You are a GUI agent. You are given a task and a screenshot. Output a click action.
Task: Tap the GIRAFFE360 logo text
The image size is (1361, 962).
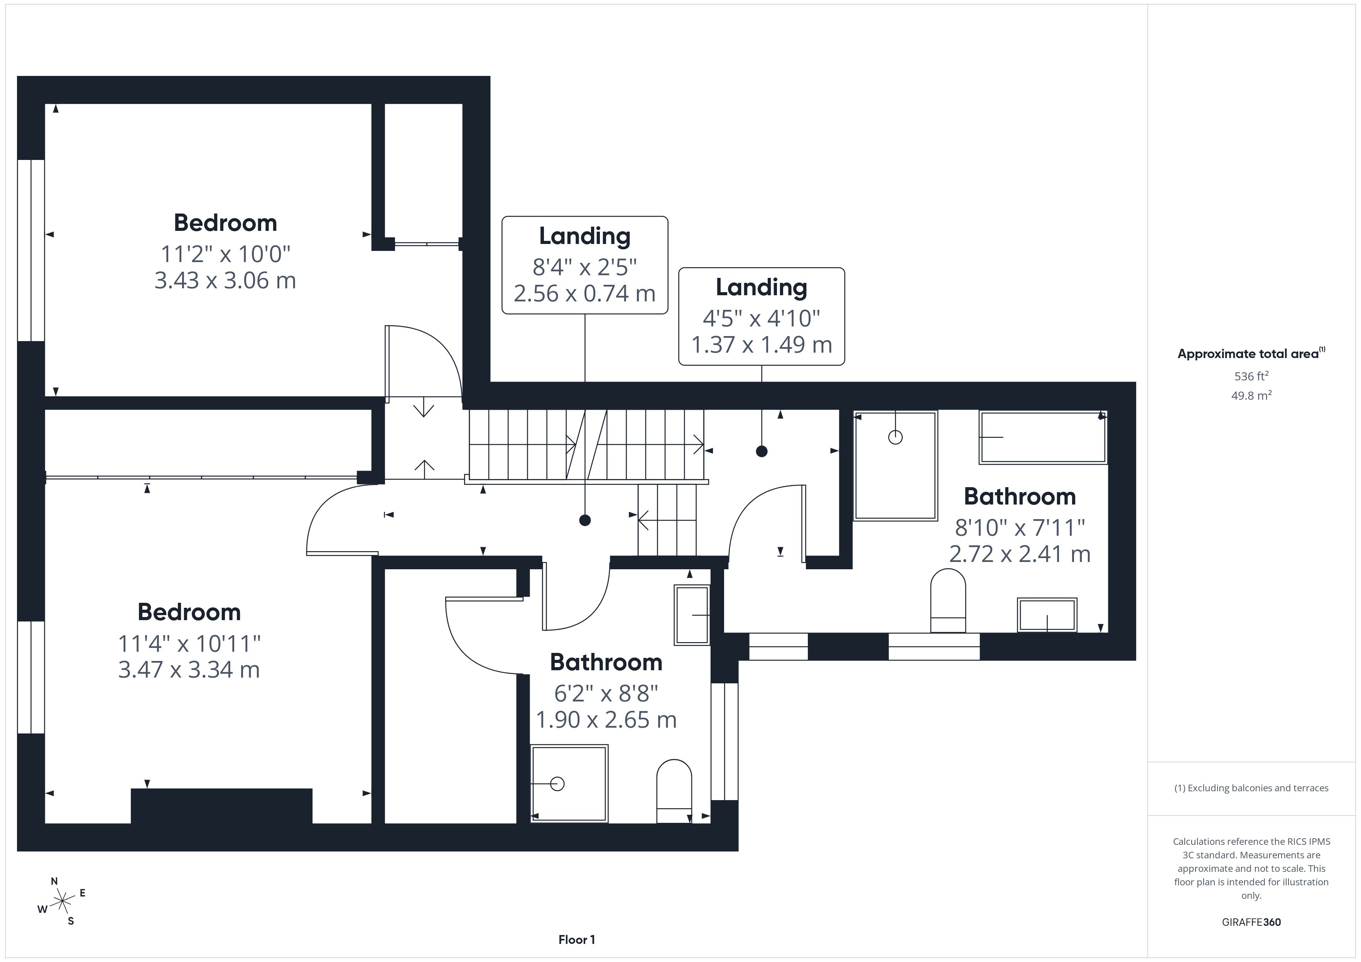pos(1251,922)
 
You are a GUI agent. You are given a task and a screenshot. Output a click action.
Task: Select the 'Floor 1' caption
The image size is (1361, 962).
pos(576,940)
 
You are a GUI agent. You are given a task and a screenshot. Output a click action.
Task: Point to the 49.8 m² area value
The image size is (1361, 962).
pos(1251,395)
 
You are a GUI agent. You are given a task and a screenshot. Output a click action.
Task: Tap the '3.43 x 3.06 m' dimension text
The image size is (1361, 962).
pos(225,280)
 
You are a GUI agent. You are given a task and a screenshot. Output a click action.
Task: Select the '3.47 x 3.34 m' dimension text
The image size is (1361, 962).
pos(189,669)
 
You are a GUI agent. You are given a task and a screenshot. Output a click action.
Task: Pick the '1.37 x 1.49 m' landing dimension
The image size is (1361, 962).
pos(762,344)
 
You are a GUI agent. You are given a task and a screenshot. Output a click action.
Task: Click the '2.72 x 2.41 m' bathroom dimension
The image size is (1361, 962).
pos(1020,554)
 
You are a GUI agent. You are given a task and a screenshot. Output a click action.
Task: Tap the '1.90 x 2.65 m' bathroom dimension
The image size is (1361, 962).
pos(606,720)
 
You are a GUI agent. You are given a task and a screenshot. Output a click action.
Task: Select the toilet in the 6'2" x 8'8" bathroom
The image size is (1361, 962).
pos(674,791)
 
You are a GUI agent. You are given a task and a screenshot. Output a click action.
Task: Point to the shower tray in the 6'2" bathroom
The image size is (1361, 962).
pos(569,784)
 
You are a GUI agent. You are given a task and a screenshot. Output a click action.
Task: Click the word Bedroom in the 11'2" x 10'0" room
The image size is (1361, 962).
pos(225,223)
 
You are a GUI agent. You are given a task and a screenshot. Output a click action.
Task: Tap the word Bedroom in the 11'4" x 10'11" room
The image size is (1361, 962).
pos(189,612)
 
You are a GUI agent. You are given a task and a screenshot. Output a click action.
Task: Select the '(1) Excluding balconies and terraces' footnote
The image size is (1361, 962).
pos(1251,788)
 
